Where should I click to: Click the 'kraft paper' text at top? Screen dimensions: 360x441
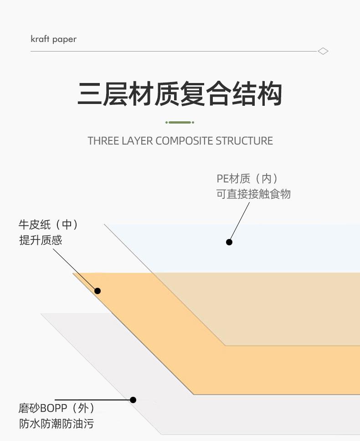pos(53,39)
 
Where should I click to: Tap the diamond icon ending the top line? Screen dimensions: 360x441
pos(323,51)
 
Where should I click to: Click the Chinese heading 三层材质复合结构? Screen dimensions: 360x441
pos(180,94)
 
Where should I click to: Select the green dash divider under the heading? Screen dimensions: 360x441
pos(180,122)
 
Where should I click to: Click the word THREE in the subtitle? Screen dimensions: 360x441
pos(103,140)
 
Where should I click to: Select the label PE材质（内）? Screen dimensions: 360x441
pos(247,178)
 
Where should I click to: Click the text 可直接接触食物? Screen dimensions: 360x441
pos(253,194)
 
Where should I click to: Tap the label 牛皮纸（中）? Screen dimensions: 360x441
pos(48,224)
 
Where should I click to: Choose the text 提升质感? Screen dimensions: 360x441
pos(41,240)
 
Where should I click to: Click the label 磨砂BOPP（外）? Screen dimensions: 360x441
pos(57,407)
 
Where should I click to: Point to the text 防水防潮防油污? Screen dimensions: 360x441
pos(57,423)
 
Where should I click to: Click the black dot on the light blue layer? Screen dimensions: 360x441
pos(229,242)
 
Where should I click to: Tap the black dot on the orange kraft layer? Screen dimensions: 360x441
pos(98,291)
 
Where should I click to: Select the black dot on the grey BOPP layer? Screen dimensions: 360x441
pos(133,400)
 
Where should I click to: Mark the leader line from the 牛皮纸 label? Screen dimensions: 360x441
pos(73,266)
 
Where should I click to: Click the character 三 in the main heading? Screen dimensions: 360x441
pos(90,94)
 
